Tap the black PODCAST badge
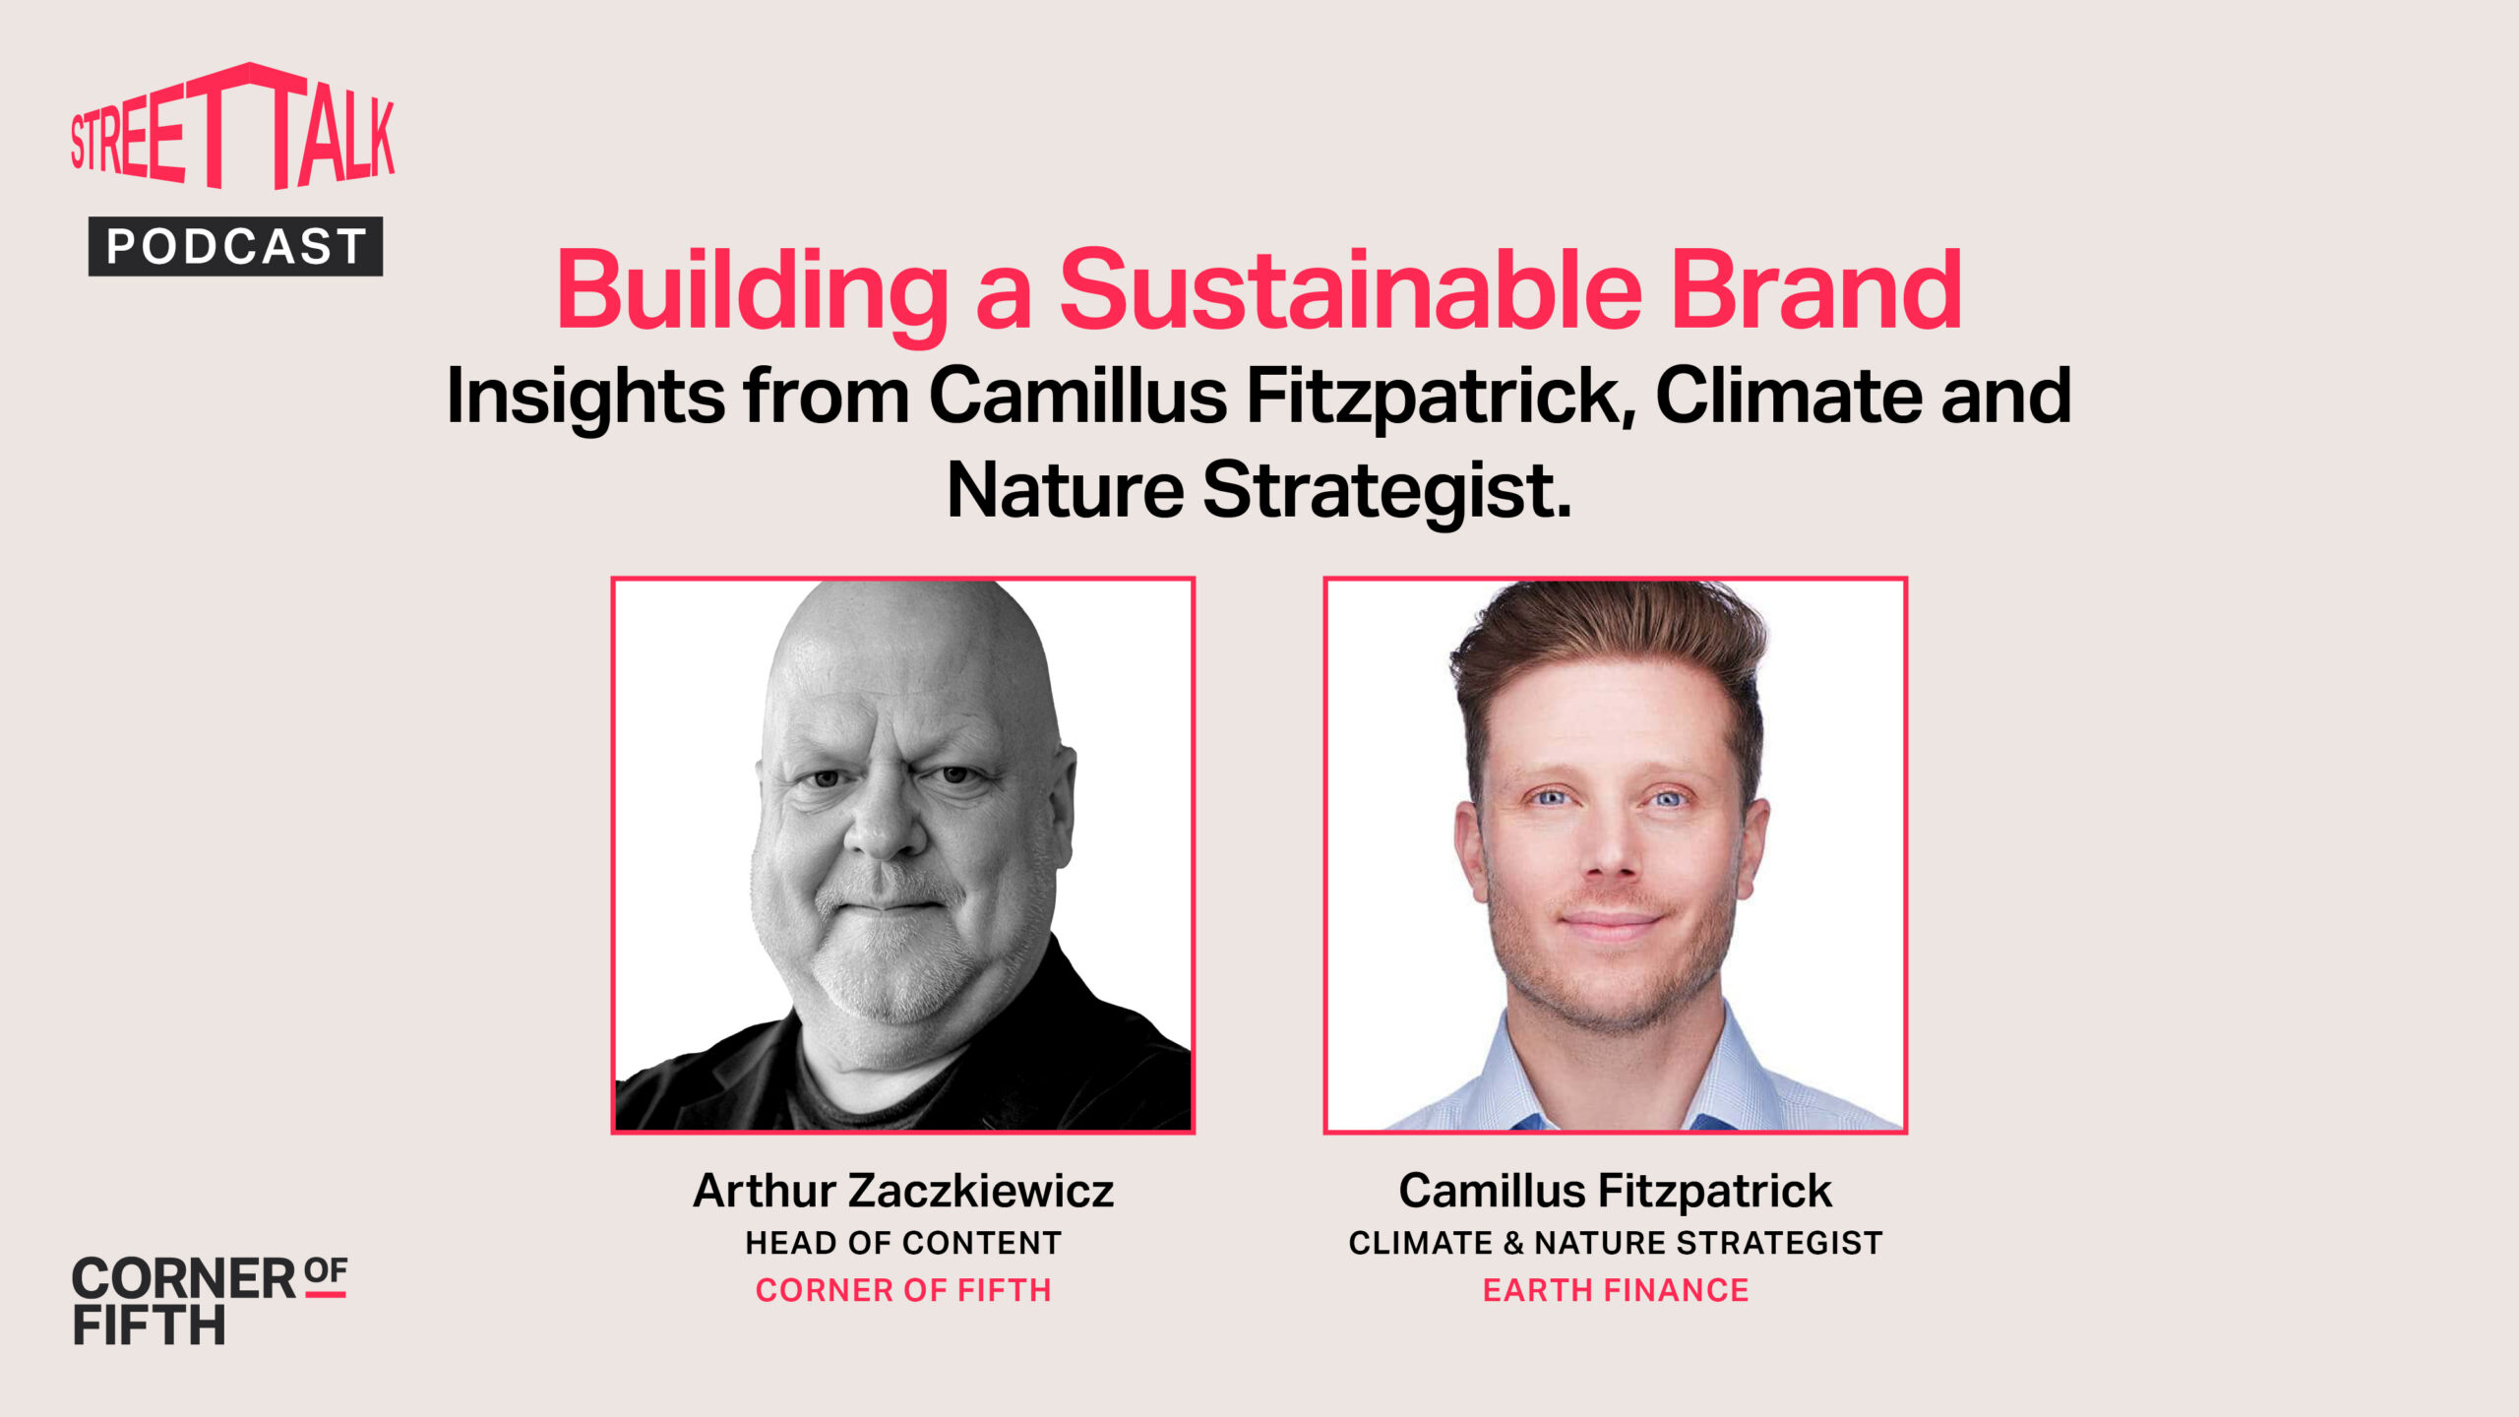tap(235, 246)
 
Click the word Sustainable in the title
tap(1350, 290)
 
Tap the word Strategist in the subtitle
tap(1386, 493)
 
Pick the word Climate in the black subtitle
tap(1789, 396)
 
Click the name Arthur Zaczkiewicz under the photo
tap(903, 1191)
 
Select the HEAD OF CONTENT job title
tap(903, 1243)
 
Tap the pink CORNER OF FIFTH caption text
tap(903, 1290)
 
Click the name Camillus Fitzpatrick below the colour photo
tap(1616, 1192)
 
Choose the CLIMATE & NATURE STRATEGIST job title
tap(1616, 1243)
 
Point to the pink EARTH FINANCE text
tap(1616, 1290)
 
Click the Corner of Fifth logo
tap(210, 1300)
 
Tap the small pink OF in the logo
tap(326, 1272)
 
